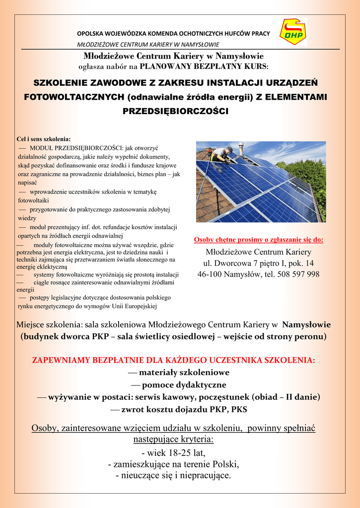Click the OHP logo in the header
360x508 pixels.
point(293,32)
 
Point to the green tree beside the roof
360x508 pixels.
point(311,179)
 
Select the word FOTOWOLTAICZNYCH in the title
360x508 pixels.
point(75,97)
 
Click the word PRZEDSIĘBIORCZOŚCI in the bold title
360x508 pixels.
point(175,112)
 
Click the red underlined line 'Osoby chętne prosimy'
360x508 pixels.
point(258,240)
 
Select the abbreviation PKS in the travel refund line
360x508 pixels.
point(238,409)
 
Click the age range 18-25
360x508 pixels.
point(176,452)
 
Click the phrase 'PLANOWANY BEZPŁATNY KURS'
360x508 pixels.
point(204,65)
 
